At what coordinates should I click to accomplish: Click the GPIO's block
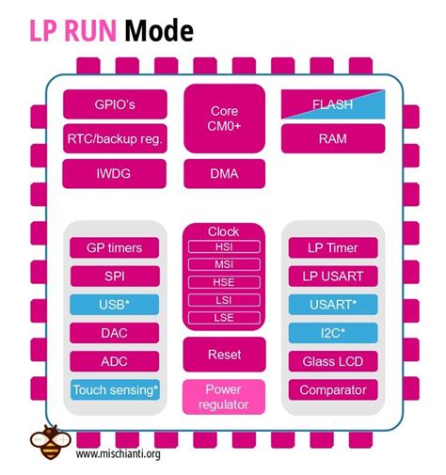pos(115,103)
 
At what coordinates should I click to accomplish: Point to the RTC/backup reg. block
pos(115,137)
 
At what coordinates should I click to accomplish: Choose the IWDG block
pos(115,173)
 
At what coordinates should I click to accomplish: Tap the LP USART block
pos(332,276)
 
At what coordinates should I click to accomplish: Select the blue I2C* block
pos(332,332)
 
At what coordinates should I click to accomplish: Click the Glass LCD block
pos(332,361)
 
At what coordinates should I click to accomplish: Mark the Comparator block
pos(332,389)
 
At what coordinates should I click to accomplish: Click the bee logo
pos(46,445)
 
